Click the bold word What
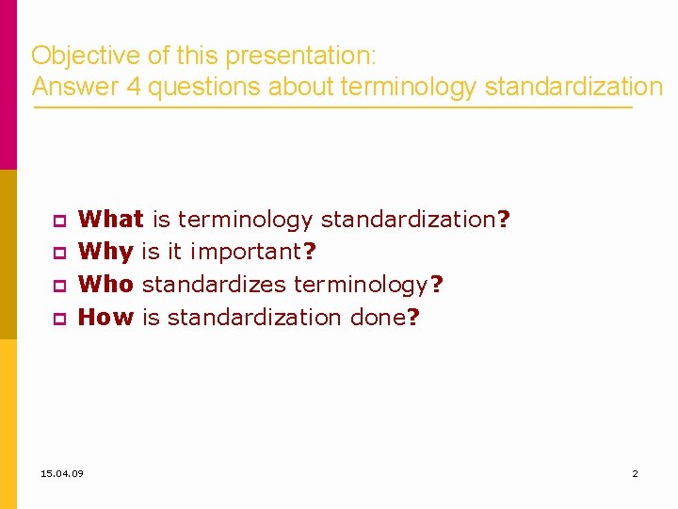point(110,220)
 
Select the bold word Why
point(106,253)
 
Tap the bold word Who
point(106,285)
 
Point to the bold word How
point(106,318)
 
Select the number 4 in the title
point(133,88)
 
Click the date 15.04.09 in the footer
point(62,473)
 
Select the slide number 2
point(635,473)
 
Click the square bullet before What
point(57,222)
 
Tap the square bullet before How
point(57,320)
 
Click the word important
point(246,253)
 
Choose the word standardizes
point(216,285)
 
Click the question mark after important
point(310,253)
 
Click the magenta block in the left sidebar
point(8,85)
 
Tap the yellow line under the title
point(330,107)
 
